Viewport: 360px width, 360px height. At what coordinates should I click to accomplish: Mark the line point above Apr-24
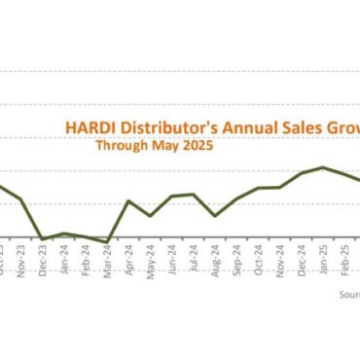128,201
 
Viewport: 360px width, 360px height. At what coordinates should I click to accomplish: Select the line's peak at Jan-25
323,167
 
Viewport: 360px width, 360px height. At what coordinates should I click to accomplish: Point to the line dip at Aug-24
215,215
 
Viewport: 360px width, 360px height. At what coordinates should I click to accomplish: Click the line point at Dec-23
43,238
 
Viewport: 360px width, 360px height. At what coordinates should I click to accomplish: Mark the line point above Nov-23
21,199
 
